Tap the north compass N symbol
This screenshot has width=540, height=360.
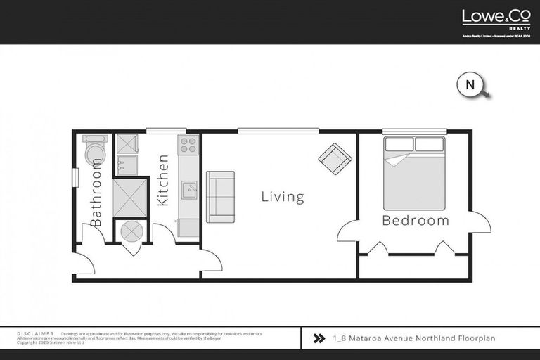tap(470, 85)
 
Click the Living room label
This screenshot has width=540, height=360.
tap(283, 197)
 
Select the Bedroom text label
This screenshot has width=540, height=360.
tap(415, 221)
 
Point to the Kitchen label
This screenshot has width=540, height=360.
tap(163, 181)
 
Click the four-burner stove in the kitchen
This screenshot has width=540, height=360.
tap(188, 145)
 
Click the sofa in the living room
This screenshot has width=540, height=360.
tap(220, 196)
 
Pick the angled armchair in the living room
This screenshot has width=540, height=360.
tap(335, 158)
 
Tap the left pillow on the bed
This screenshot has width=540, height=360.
tap(399, 145)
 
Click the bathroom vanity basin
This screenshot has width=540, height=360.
tap(127, 167)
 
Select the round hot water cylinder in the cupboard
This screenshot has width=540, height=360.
tap(130, 231)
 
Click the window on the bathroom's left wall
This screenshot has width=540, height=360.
tap(74, 178)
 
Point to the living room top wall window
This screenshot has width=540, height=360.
tap(278, 131)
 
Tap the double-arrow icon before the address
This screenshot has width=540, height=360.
tap(318, 338)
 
